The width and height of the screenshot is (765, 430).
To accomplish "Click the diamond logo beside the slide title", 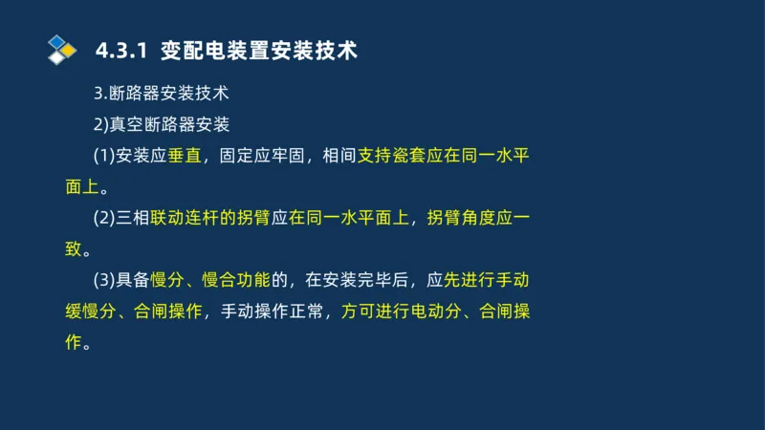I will [x=61, y=49].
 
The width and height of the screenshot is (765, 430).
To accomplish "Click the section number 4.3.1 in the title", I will [x=122, y=50].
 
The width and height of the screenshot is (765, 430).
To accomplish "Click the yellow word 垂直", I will [x=185, y=156].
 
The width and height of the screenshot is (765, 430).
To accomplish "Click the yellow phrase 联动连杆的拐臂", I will [x=215, y=218].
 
